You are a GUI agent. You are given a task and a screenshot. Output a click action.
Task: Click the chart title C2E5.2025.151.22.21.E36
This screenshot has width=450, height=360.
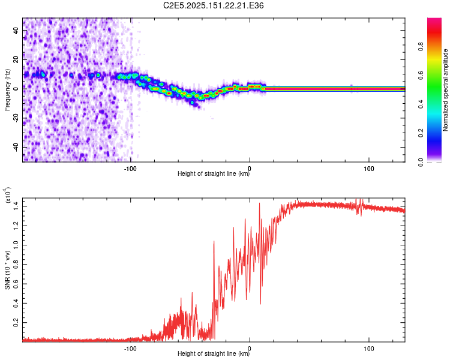coord(213,5)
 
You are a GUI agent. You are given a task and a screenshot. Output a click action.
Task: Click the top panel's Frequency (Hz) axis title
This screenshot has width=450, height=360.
coord(7,90)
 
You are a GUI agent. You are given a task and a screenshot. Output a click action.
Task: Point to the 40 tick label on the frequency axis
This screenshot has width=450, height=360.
coord(16,31)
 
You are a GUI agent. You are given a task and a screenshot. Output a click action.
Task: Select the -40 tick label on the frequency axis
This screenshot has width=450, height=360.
coord(16,147)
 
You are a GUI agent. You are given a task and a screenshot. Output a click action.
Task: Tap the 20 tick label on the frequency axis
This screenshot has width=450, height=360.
coord(16,60)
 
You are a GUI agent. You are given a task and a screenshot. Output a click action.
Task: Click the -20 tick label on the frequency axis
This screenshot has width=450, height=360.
coord(16,118)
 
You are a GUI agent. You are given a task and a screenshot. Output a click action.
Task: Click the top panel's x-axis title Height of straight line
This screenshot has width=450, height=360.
coord(214,173)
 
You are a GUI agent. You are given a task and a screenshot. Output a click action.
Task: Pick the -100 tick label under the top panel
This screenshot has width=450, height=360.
coord(130,169)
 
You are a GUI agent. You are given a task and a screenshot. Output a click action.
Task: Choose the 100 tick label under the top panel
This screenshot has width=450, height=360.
coord(369,169)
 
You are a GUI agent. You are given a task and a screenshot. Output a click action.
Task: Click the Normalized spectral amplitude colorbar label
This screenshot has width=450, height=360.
coord(445,90)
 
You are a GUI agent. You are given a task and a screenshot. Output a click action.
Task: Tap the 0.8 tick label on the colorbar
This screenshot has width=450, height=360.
coord(421,47)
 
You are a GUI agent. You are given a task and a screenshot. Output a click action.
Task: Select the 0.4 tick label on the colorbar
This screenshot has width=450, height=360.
coord(421,104)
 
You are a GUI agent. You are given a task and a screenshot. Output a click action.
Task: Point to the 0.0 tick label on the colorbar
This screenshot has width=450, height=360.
coord(421,162)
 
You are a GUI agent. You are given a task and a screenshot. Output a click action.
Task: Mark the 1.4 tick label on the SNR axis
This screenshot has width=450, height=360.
coord(16,206)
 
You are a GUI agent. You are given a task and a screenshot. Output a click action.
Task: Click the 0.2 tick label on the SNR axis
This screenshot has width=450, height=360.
coord(16,323)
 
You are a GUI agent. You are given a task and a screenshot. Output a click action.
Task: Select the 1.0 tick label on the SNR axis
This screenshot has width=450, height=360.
coord(16,245)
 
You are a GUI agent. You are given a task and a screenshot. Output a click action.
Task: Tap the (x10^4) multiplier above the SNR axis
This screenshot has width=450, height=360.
coord(7,194)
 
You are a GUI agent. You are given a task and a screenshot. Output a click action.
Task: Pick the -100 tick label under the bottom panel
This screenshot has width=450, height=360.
coord(130,349)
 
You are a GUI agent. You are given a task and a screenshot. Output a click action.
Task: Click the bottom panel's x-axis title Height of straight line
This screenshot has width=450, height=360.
coord(214,353)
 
